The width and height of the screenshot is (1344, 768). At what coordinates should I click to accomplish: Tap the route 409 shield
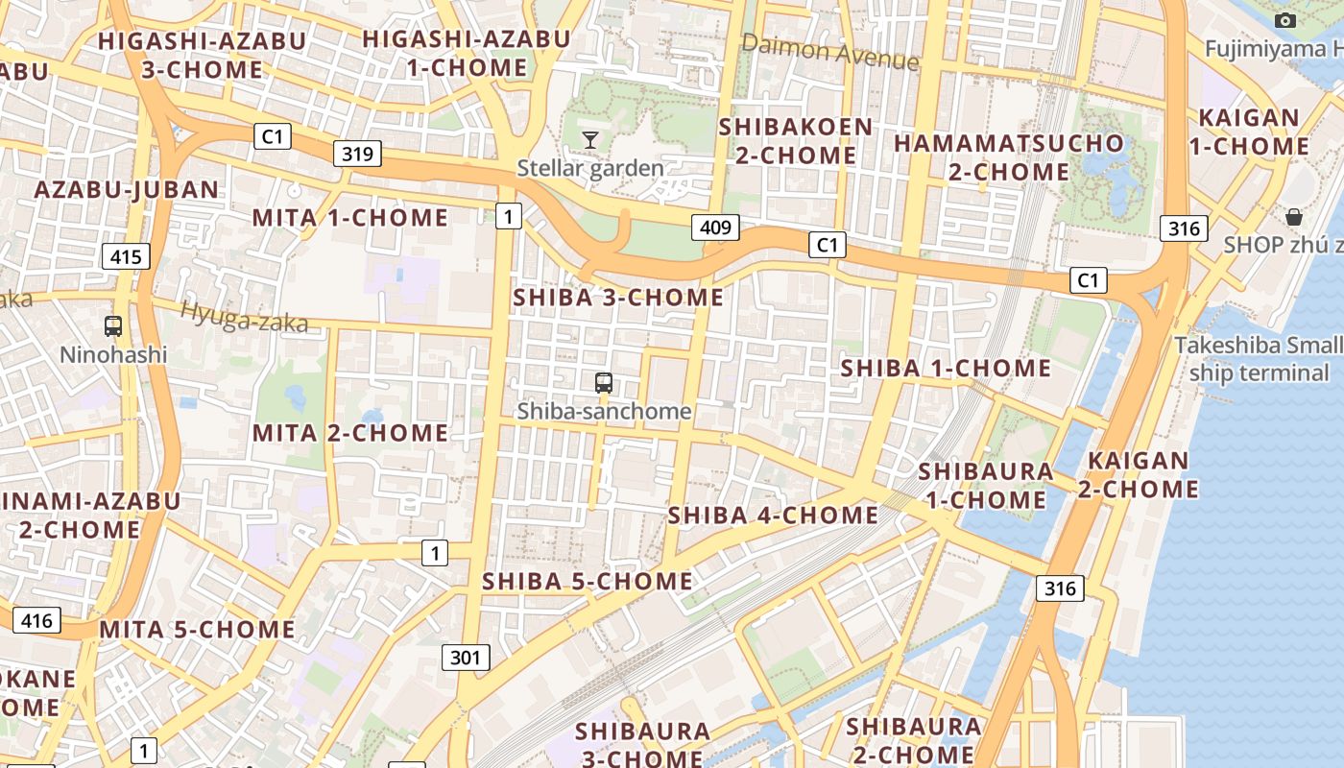pyautogui.click(x=715, y=228)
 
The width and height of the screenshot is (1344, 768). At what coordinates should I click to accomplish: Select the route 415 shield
pyautogui.click(x=126, y=256)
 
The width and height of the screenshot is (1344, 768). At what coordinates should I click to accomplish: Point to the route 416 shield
pyautogui.click(x=36, y=620)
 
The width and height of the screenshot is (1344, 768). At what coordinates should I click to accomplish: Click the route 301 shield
pyautogui.click(x=466, y=658)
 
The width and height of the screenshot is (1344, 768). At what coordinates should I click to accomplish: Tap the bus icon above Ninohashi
pyautogui.click(x=113, y=325)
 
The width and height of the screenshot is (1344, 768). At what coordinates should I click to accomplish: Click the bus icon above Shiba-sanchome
pyautogui.click(x=604, y=382)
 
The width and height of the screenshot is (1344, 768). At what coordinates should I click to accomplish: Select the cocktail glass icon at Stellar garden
pyautogui.click(x=590, y=140)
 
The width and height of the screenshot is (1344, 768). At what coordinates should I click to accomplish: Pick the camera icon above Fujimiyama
pyautogui.click(x=1284, y=20)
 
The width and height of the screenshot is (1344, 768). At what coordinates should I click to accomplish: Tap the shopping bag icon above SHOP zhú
pyautogui.click(x=1294, y=216)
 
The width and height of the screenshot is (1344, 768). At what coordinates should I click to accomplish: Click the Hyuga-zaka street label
pyautogui.click(x=245, y=317)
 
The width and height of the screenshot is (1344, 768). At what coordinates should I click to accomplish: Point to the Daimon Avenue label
pyautogui.click(x=830, y=51)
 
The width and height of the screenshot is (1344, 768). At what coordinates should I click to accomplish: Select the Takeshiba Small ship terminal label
pyautogui.click(x=1259, y=359)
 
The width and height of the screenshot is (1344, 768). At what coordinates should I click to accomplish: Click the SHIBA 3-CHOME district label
pyautogui.click(x=618, y=298)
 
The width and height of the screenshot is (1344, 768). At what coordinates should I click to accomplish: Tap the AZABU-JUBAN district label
pyautogui.click(x=127, y=189)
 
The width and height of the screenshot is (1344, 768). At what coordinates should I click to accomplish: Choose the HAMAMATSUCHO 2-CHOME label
pyautogui.click(x=1009, y=157)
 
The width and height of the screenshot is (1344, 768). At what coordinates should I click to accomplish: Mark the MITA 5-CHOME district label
pyautogui.click(x=198, y=630)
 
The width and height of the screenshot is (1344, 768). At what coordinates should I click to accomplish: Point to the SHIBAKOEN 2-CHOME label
pyautogui.click(x=796, y=141)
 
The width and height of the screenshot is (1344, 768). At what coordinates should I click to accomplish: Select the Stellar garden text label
pyautogui.click(x=590, y=169)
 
